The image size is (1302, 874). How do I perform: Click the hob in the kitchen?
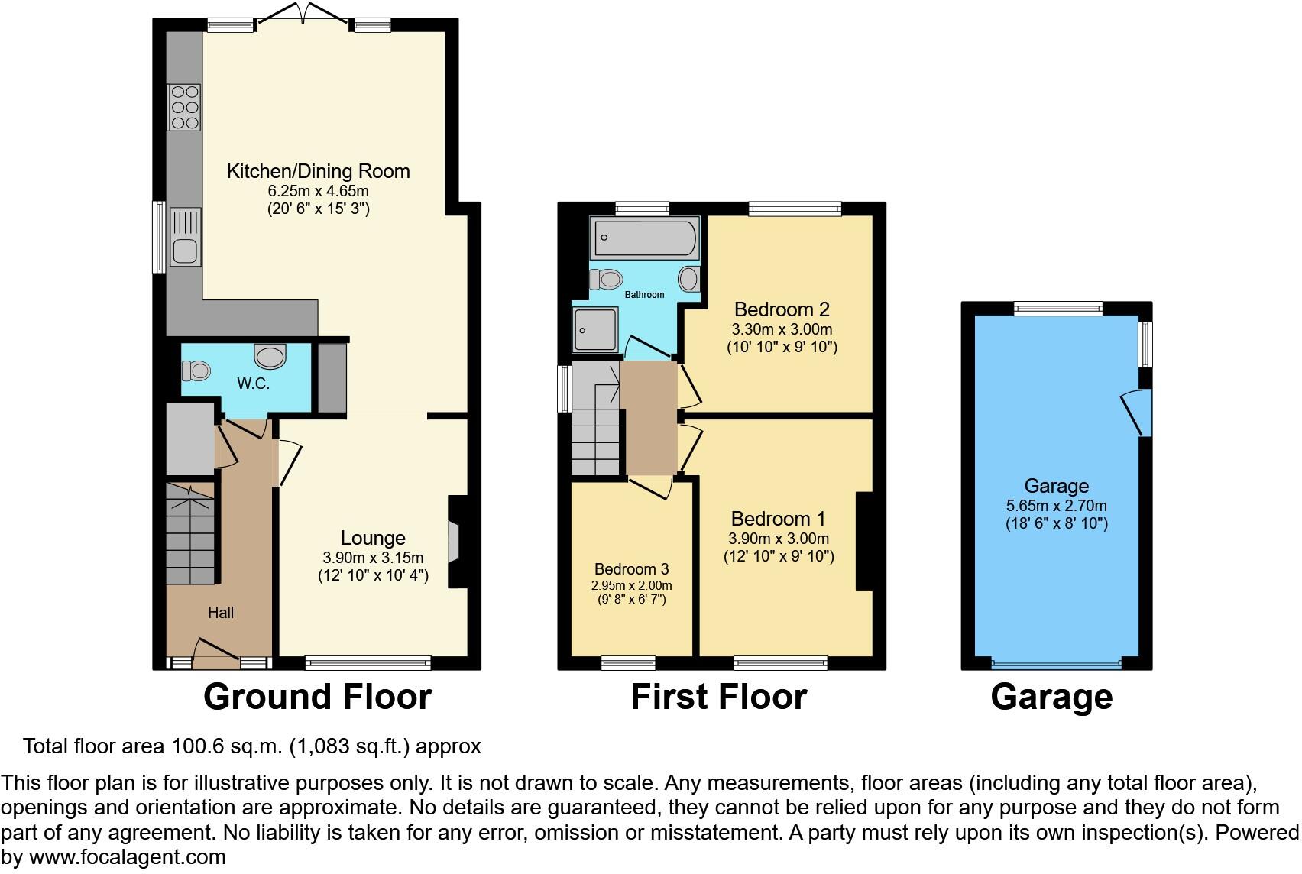coord(184,107)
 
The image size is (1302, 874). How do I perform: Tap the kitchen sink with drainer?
coord(185,237)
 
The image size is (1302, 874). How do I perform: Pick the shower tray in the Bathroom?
coord(595,330)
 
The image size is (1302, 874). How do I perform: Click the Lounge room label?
coord(373,538)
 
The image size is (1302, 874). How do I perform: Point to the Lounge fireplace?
coord(453,542)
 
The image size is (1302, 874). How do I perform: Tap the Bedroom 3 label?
coord(631,569)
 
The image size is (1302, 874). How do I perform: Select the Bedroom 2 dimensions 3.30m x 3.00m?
coord(781,329)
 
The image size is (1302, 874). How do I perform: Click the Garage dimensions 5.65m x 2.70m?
coord(1056,505)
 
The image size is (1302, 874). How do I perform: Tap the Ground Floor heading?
coord(317,697)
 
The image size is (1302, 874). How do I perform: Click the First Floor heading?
coord(718,697)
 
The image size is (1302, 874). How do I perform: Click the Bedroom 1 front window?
coord(781,662)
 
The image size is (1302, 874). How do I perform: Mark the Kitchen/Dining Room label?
coord(318,171)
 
